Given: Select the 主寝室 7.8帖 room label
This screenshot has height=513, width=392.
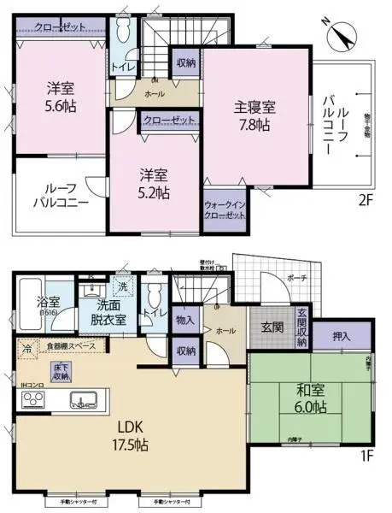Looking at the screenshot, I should tap(256, 116).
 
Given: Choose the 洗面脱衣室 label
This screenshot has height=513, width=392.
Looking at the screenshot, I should tap(108, 311).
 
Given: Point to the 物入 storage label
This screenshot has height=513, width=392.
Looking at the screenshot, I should tap(184, 319).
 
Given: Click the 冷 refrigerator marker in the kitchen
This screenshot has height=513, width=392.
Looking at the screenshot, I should tap(26, 348).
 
